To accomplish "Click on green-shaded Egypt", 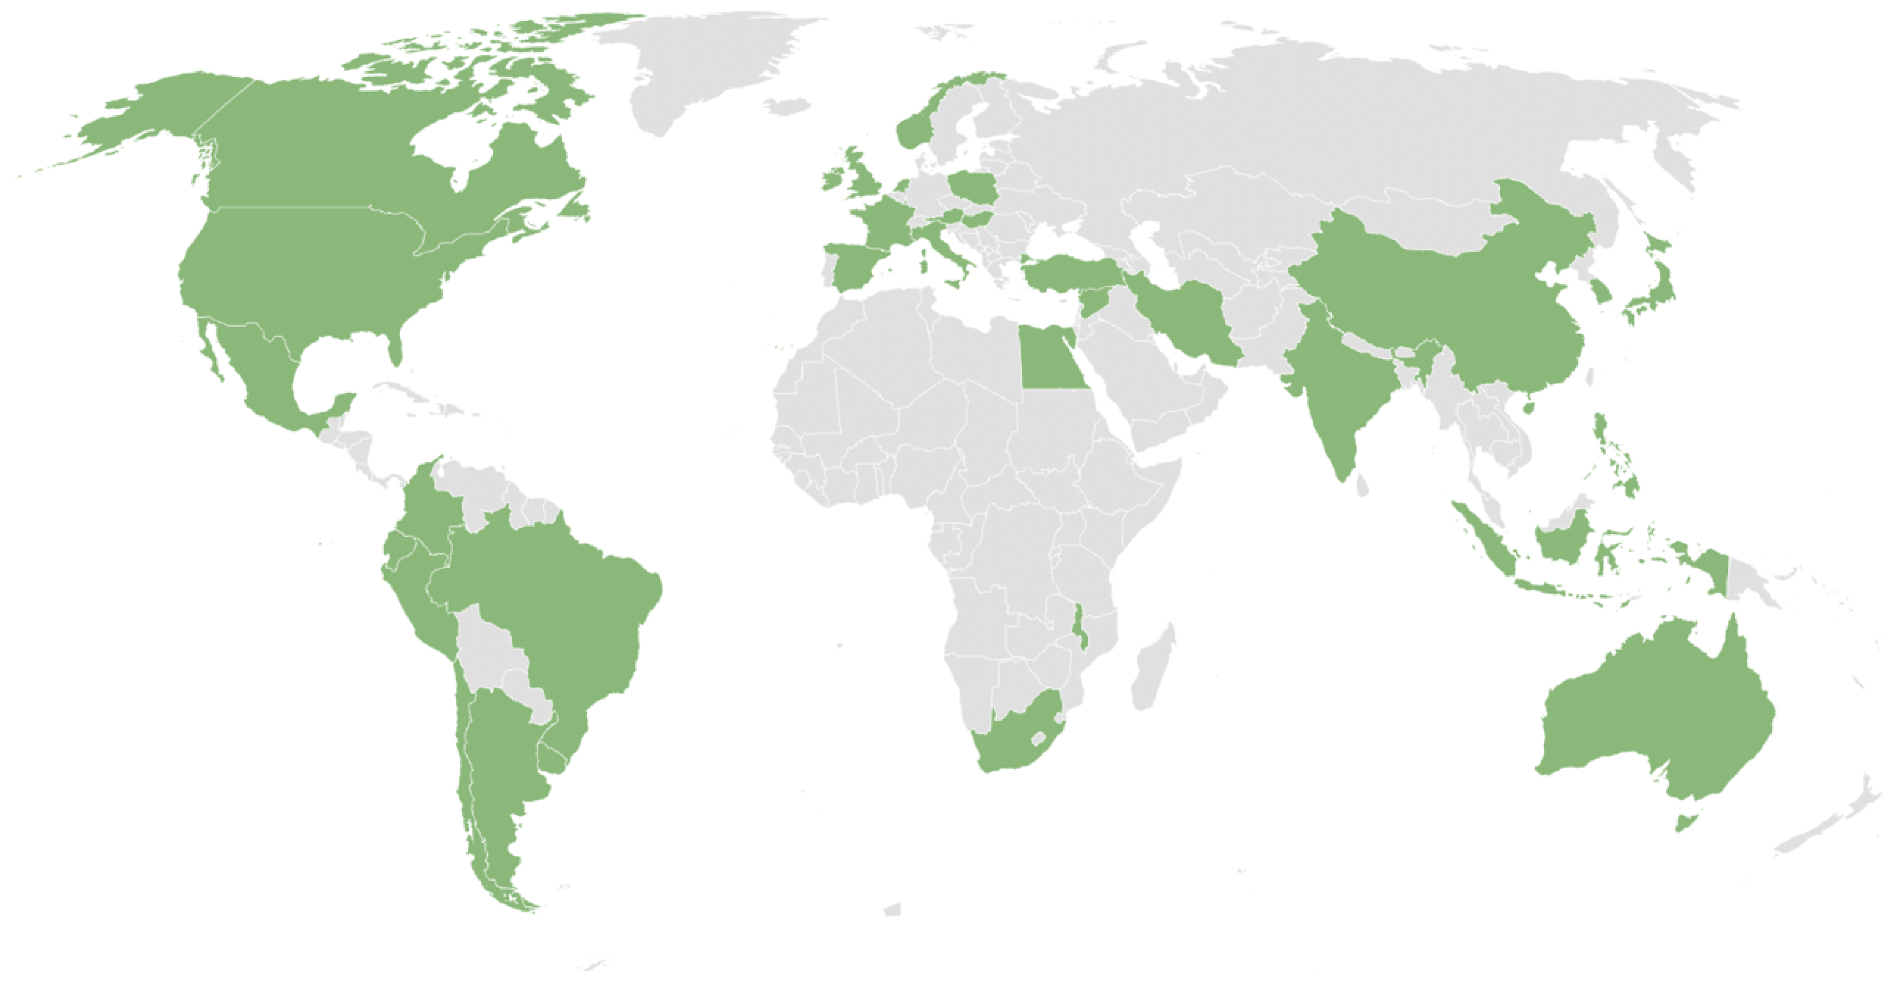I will [x=1050, y=360].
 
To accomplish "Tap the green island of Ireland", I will [x=833, y=180].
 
